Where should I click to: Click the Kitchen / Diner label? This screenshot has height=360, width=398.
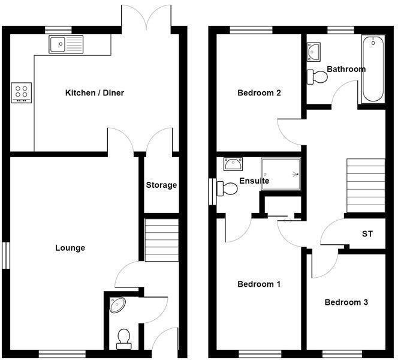tap(94, 93)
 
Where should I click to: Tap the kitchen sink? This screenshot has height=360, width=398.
tap(67, 44)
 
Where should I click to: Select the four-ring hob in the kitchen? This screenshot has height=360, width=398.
tap(22, 92)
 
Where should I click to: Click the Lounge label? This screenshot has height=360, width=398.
tap(70, 248)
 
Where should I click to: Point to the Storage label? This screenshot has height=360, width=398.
tap(161, 185)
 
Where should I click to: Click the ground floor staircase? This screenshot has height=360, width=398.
tap(162, 240)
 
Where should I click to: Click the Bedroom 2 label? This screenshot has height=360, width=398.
tap(260, 93)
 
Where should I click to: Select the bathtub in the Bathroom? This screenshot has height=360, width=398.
tap(374, 69)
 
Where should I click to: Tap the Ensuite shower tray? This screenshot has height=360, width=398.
tap(281, 174)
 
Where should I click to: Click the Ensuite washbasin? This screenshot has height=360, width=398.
tap(232, 164)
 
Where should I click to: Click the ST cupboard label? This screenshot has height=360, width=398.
tap(367, 233)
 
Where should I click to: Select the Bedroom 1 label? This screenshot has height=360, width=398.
tap(259, 284)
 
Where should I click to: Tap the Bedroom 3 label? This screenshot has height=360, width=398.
tap(346, 302)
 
